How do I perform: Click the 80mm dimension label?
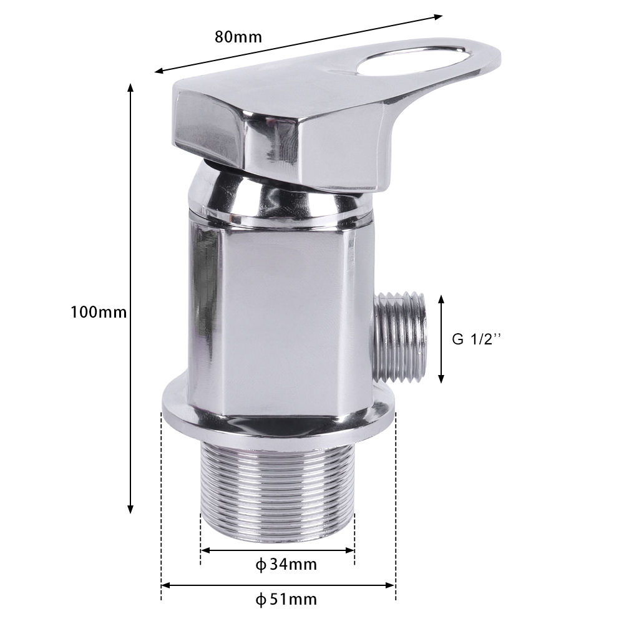[x=238, y=36]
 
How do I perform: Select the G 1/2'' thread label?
[x=477, y=339]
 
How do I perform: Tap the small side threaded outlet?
[x=403, y=337]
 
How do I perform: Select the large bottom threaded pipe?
[x=278, y=493]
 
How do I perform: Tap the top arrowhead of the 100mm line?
[x=130, y=87]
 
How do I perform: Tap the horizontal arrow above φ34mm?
[x=278, y=550]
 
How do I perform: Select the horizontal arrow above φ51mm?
[x=278, y=585]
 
